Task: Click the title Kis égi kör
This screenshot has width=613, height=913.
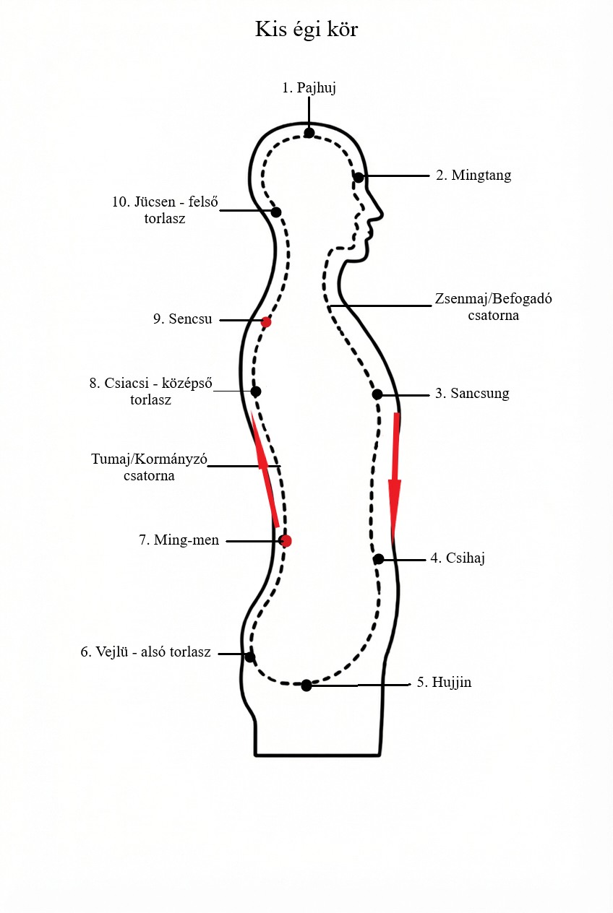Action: coord(306,30)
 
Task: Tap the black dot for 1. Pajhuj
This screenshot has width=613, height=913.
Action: coord(309,133)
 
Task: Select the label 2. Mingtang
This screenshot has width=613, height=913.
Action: coord(473,176)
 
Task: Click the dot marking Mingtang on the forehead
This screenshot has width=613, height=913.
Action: coord(359,177)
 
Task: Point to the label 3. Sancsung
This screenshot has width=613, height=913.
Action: coord(472,394)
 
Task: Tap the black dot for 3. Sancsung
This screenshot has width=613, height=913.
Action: coord(377,394)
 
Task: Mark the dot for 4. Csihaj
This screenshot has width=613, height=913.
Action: coord(378,559)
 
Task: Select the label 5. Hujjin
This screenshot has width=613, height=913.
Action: coord(444,682)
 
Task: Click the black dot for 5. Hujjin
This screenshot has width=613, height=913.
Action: coord(306,685)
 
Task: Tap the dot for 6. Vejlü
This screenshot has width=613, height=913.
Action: coord(250,657)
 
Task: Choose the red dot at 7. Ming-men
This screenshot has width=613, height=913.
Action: coord(286,540)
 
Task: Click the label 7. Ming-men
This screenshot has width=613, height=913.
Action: coord(179,540)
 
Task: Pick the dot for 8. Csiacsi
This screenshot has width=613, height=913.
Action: coord(255,391)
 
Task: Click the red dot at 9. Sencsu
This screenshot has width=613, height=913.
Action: coord(266,322)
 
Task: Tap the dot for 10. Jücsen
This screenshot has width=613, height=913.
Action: coord(275,212)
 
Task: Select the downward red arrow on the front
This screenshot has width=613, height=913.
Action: coord(395,477)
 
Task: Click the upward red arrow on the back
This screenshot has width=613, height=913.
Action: coord(265,470)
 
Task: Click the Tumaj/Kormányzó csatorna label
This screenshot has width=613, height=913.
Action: coord(149,467)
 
